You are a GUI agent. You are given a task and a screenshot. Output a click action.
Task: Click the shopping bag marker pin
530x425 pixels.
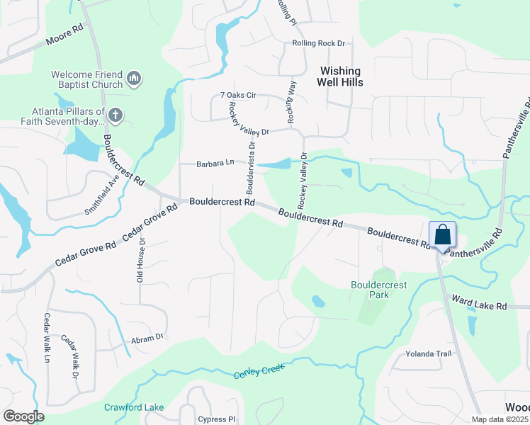click(x=441, y=235)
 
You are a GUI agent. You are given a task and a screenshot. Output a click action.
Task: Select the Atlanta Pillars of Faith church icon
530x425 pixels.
click(x=116, y=114)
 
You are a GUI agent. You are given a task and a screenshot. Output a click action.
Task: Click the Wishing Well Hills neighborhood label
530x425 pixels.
click(x=342, y=76)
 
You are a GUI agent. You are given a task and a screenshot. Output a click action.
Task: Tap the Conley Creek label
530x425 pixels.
click(x=259, y=370)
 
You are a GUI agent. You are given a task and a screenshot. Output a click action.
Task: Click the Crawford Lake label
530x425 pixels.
click(x=134, y=407)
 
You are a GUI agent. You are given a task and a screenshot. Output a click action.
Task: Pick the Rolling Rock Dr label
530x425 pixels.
click(x=318, y=43)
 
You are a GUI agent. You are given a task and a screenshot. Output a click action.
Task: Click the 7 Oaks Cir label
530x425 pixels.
click(x=237, y=95)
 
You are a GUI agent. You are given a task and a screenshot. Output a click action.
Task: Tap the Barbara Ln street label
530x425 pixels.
click(x=215, y=164)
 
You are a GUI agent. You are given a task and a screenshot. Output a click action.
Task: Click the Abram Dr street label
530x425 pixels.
click(x=147, y=339)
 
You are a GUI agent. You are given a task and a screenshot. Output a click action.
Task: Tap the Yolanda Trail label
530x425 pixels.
click(x=428, y=353)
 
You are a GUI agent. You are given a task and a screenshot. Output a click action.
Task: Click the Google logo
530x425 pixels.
click(x=23, y=416)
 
